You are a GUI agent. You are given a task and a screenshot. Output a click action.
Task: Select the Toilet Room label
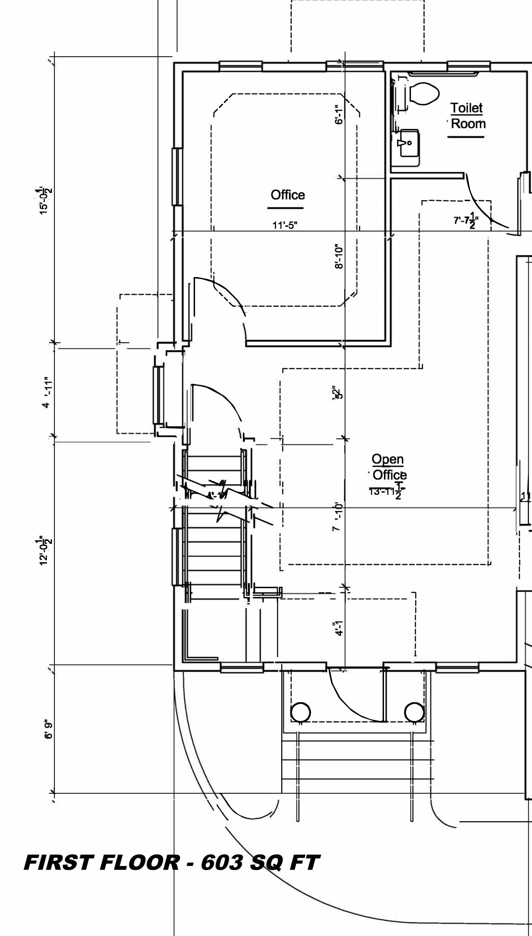coord(467,116)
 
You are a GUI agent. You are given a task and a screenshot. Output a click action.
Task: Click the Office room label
coord(288,195)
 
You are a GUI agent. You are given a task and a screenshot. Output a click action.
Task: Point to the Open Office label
coord(389,467)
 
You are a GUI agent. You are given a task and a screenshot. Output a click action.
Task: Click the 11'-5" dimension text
coord(285,225)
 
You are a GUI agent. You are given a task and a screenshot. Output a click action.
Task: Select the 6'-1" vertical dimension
coord(338,114)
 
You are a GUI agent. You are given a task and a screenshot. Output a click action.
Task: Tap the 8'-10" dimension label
coord(338,256)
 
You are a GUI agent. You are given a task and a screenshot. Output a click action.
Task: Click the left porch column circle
coord(300,712)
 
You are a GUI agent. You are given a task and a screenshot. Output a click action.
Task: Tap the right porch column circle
coord(414,712)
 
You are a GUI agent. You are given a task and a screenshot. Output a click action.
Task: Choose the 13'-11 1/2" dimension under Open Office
coord(387,492)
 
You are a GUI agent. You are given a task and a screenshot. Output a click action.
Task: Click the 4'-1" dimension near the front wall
coord(338,628)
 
